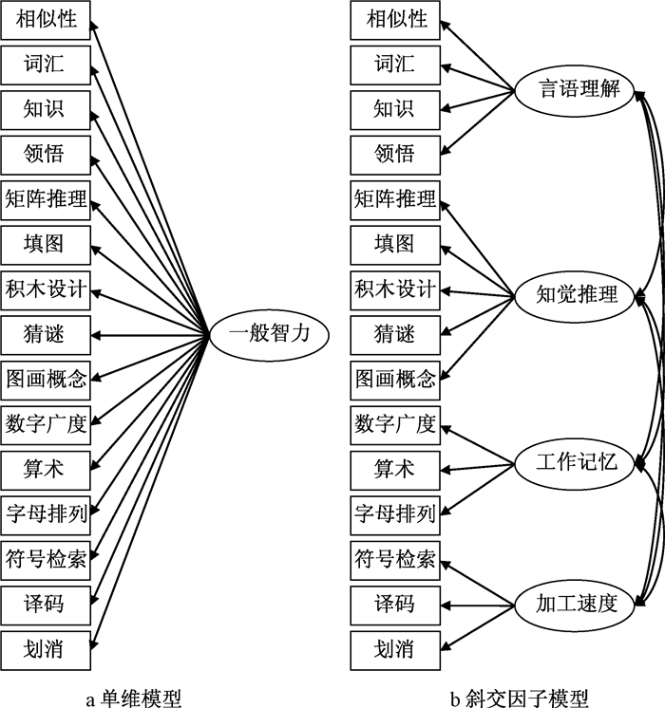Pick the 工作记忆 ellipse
pos(577,464)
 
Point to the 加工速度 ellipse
pos(577,602)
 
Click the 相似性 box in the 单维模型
pos(45,19)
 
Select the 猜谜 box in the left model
pos(45,333)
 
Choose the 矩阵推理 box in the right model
pos(394,198)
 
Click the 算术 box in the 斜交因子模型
pos(394,468)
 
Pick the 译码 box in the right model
pos(394,603)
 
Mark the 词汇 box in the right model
pos(394,65)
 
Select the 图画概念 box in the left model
pos(45,378)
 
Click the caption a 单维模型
pos(133,697)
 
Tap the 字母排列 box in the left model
pos(45,512)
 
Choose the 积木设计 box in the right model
pos(394,289)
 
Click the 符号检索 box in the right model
pos(394,558)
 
